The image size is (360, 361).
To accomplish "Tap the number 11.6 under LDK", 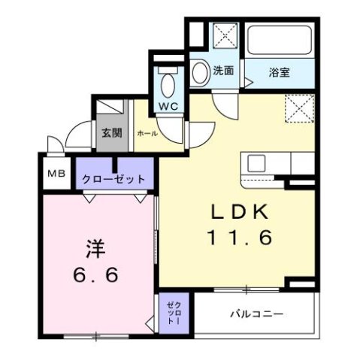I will coord(239,238).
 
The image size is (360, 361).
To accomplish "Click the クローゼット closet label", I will coord(114,180).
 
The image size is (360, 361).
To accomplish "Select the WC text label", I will coord(168,105).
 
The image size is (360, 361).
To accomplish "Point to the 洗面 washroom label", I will coord(223,71).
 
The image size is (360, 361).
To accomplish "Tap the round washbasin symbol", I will coord(200,73).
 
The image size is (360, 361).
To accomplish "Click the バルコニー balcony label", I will coord(256,314).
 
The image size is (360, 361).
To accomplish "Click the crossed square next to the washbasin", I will coord(223,38).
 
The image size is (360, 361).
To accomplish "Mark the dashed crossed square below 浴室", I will coord(301,110).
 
